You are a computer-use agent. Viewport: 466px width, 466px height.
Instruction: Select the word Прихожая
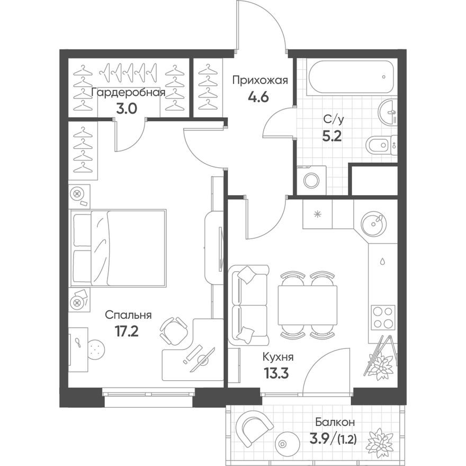(x=260, y=80)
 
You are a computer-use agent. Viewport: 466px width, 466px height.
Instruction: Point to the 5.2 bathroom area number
(x=331, y=135)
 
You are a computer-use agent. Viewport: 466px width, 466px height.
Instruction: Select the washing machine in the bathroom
(x=311, y=180)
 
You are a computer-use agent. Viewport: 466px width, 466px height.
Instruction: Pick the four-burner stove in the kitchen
(x=382, y=318)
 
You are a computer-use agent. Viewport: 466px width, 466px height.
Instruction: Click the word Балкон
(x=335, y=423)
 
